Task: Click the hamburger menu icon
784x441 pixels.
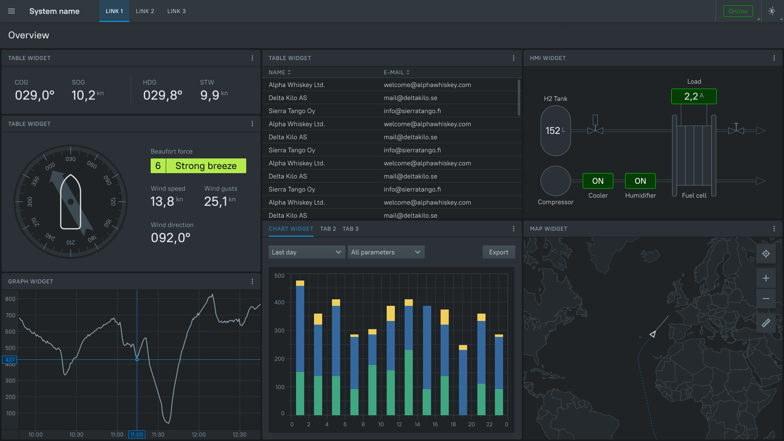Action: pos(11,11)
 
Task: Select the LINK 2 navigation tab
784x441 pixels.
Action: pos(145,11)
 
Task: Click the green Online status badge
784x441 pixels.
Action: pos(738,11)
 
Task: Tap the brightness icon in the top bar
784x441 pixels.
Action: pos(771,11)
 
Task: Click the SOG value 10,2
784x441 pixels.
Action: pos(84,95)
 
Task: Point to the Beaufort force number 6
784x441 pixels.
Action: pos(158,166)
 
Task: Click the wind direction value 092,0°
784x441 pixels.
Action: pos(171,238)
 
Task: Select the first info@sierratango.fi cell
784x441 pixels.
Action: pos(412,111)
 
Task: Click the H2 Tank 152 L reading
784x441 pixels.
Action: pos(555,131)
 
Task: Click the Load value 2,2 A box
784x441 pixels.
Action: pos(693,96)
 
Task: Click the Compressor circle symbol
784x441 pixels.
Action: pos(555,181)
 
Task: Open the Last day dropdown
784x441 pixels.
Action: pos(306,252)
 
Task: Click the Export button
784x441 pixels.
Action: pos(499,252)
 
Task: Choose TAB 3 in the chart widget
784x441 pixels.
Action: pos(350,229)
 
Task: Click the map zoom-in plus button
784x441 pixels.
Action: pos(766,278)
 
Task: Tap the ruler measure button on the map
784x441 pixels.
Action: pos(766,323)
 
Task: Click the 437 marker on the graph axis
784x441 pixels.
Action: pos(10,360)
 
